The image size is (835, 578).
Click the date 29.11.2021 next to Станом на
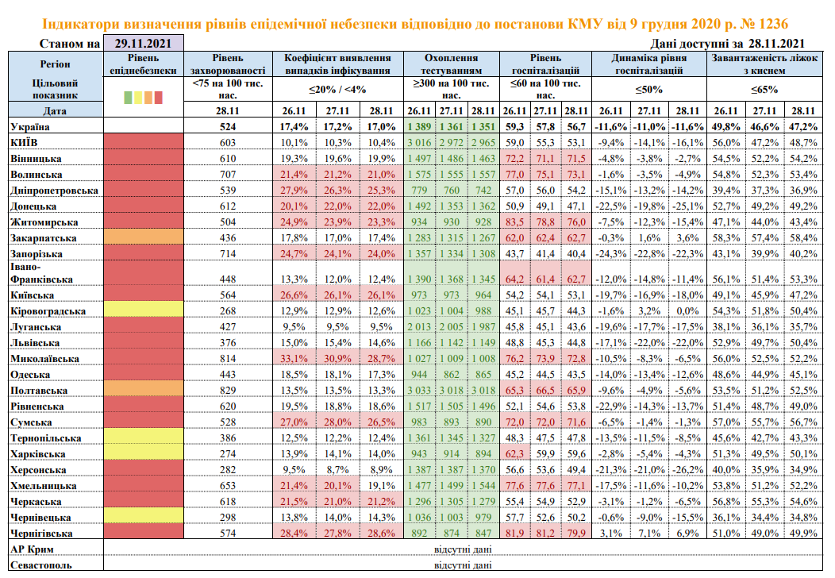[143, 44]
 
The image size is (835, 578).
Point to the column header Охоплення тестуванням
[451, 64]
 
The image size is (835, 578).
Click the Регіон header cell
[54, 64]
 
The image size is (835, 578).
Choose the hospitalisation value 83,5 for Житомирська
[515, 222]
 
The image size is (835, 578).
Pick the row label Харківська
[39, 454]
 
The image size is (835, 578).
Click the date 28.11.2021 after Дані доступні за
[776, 44]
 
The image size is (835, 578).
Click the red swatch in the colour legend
[158, 98]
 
